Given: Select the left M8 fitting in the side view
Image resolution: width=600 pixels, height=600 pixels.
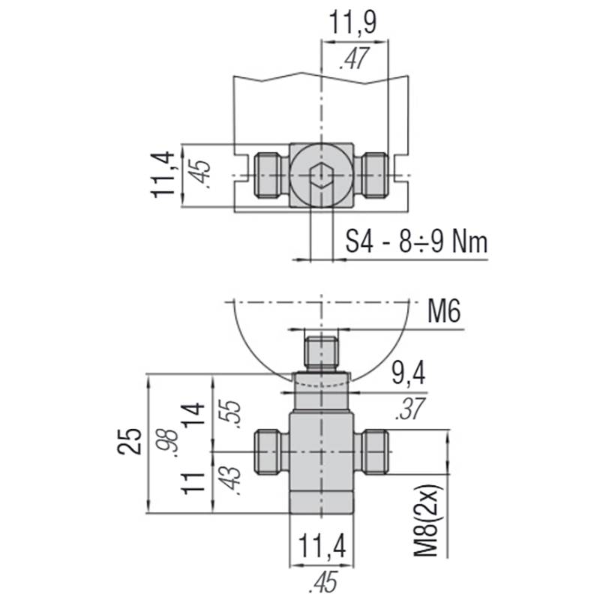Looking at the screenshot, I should point(269,453).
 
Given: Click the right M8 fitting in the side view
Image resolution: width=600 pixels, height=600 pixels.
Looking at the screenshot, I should point(373,453).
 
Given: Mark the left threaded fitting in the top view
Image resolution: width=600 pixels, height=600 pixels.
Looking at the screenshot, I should point(269,175).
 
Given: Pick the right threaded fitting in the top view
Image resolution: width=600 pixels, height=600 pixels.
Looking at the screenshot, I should point(373,175).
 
